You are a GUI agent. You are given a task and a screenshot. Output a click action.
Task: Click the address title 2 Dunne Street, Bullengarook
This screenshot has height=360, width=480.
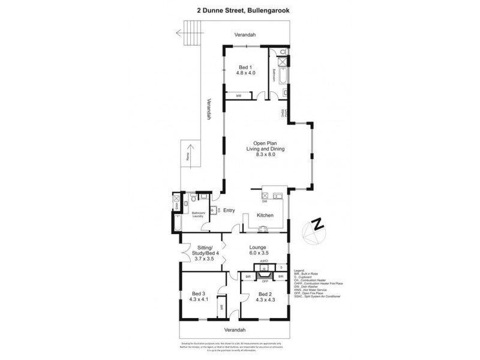tap(239, 10)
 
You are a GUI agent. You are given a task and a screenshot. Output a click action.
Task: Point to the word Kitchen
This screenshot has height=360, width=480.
tap(265, 215)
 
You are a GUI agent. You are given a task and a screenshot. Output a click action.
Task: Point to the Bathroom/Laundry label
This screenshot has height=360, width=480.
tap(198, 214)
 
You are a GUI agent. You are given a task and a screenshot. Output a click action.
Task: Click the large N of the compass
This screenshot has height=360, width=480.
tap(319, 225)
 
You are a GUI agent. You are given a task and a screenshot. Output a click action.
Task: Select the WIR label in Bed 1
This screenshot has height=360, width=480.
tap(238, 95)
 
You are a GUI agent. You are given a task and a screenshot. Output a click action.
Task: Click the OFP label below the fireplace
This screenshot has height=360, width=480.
tap(264, 281)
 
